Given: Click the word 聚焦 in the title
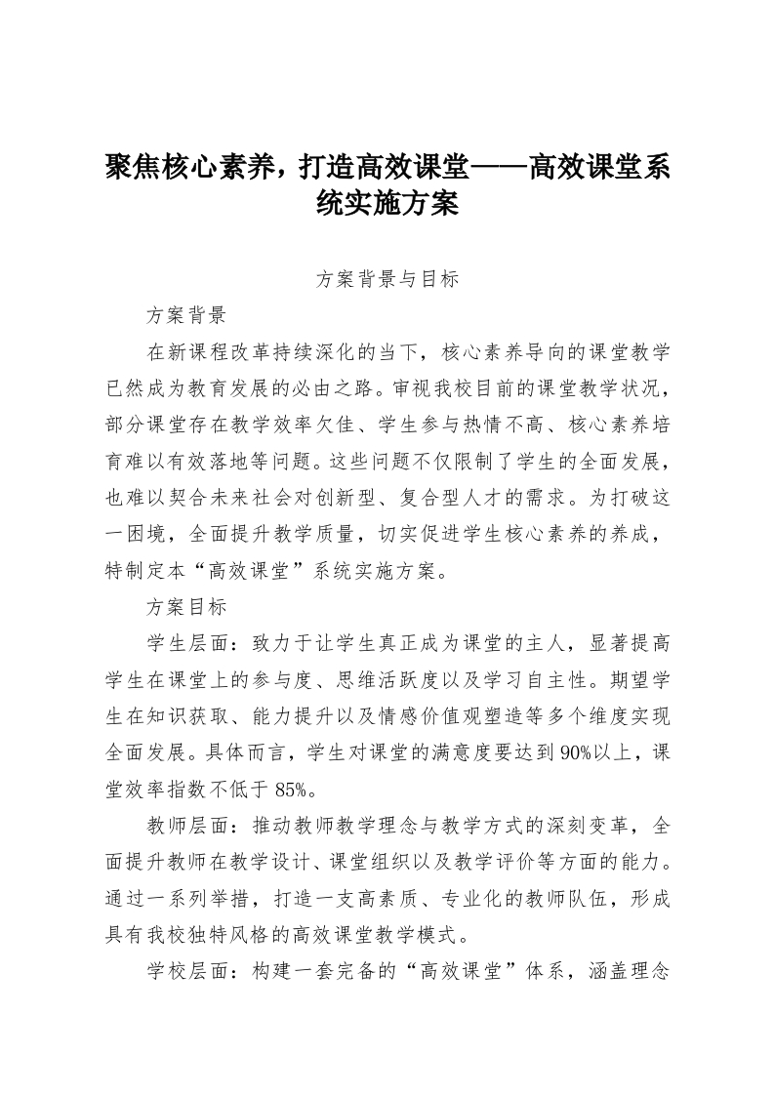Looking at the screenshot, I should coord(134,167).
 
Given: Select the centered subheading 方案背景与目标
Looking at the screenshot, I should coord(387,279).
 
